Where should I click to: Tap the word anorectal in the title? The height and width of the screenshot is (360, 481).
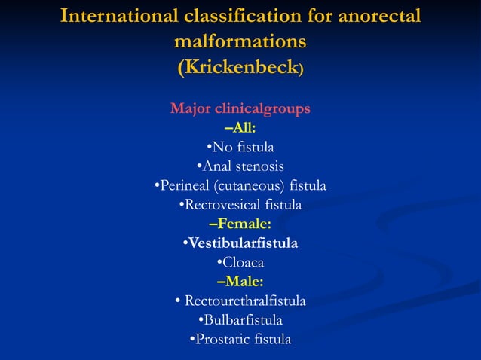tap(369, 16)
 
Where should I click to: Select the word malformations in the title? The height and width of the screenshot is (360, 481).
tap(240, 41)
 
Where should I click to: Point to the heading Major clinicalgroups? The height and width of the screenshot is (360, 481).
tap(240, 108)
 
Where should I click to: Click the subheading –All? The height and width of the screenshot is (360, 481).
tap(240, 127)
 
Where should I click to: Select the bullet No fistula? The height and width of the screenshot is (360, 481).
tap(240, 146)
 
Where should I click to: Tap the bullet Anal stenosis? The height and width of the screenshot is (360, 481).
tap(240, 166)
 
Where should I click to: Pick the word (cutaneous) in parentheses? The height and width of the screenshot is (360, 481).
tap(251, 185)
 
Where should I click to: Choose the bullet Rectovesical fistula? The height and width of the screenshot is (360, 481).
tap(240, 204)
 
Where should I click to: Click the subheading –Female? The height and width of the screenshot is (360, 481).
tap(240, 224)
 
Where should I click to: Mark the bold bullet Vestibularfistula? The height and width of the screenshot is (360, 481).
tap(240, 243)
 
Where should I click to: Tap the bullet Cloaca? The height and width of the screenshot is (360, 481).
tap(240, 263)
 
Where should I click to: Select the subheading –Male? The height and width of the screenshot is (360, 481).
tap(240, 282)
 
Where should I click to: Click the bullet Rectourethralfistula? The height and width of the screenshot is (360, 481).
tap(240, 301)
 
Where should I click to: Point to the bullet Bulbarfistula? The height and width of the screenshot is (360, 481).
tap(240, 320)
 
